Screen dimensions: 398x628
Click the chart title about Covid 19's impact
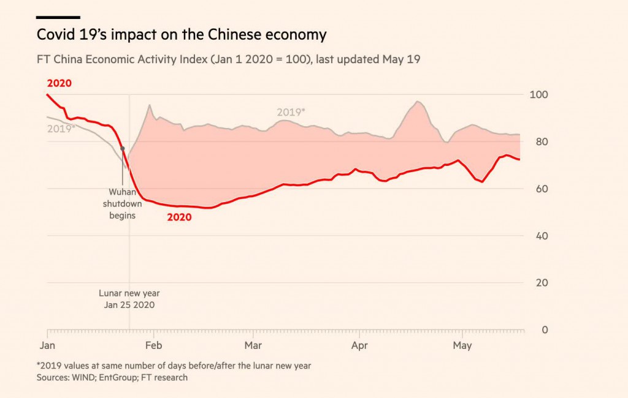[x=182, y=34]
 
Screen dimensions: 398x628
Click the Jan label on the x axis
[x=47, y=346]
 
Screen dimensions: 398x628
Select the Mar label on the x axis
[x=253, y=346]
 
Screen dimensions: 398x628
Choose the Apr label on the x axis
[x=359, y=346]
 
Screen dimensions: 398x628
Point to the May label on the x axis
[x=462, y=346]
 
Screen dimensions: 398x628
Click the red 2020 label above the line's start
[x=59, y=83]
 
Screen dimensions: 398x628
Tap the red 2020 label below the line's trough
[x=179, y=217]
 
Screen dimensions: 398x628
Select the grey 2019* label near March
[x=290, y=112]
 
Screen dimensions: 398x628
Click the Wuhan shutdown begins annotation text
[x=122, y=203]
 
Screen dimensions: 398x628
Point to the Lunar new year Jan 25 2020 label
[x=129, y=299]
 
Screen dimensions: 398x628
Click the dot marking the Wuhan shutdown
[x=123, y=148]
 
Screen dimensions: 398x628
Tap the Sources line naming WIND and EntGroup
[x=112, y=378]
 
